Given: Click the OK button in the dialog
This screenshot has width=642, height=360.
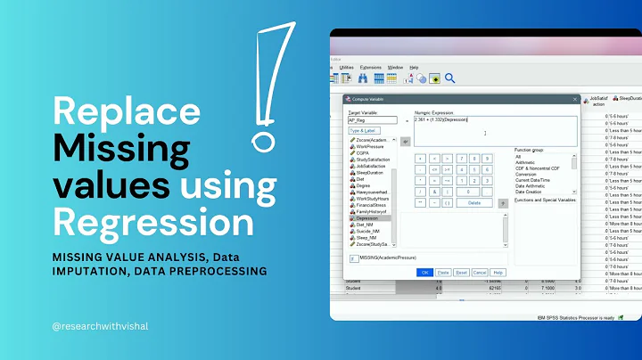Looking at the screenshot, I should (424, 272).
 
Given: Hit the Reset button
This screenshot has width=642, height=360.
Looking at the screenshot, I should (461, 272).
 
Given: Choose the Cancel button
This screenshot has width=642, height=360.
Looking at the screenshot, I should (479, 272).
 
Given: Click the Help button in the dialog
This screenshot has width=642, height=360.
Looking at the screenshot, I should (498, 272).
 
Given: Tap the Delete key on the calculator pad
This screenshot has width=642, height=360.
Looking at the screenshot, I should (474, 202).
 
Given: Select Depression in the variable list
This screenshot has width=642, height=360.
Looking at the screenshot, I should (369, 217).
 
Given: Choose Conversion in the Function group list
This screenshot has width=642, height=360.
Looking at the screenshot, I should (526, 174).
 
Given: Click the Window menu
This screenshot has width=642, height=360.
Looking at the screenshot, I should (394, 67).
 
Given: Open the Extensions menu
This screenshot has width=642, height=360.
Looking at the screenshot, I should (370, 67).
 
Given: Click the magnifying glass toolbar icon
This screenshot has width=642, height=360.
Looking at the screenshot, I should (450, 78).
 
